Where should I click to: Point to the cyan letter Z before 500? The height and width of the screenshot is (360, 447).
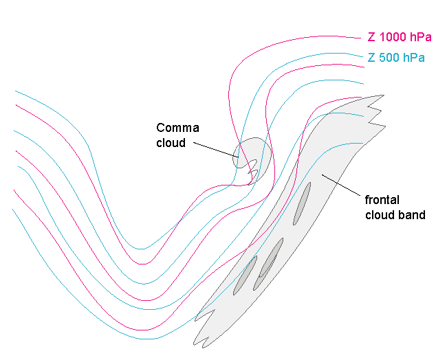coord(371,58)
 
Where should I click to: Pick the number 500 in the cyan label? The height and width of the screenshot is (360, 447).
coord(387,58)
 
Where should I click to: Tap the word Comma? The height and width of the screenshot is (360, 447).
coord(177,128)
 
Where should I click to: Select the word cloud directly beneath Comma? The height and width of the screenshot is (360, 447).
coord(171,143)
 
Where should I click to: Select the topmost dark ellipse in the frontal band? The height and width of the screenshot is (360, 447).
coord(302,203)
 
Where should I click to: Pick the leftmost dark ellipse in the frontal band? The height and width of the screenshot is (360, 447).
coord(245,275)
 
